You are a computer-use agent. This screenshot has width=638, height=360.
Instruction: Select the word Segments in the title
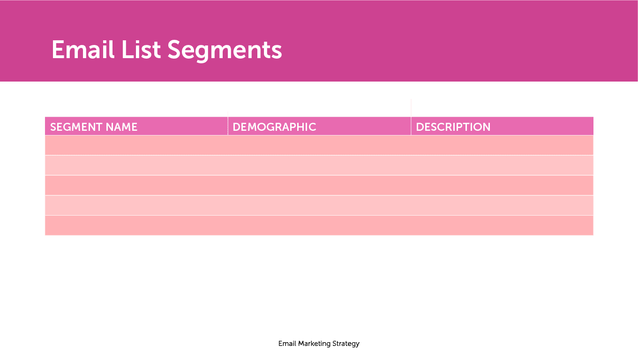(225, 50)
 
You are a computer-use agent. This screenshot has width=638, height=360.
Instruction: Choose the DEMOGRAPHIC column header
(274, 127)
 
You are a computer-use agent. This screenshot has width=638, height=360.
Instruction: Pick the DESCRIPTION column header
(453, 127)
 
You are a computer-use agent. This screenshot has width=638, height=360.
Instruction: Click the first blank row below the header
(319, 145)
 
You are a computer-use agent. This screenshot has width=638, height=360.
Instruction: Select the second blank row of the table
(319, 165)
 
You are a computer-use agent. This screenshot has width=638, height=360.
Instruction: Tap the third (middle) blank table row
(319, 186)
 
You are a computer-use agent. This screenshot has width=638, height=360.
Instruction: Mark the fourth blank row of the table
(319, 205)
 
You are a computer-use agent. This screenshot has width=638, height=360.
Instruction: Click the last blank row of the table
(319, 225)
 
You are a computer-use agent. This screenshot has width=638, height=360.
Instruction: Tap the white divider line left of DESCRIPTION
(411, 117)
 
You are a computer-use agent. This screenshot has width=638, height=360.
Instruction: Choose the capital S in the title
(176, 49)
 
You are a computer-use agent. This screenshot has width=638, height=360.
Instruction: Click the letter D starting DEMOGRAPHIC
(236, 127)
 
